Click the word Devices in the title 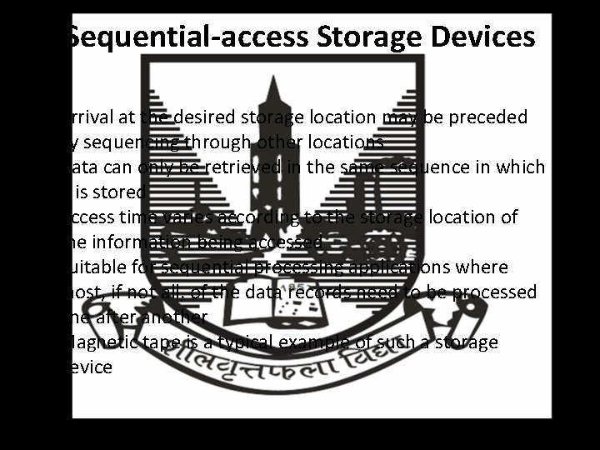coord(482,37)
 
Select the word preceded coord(501,117)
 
